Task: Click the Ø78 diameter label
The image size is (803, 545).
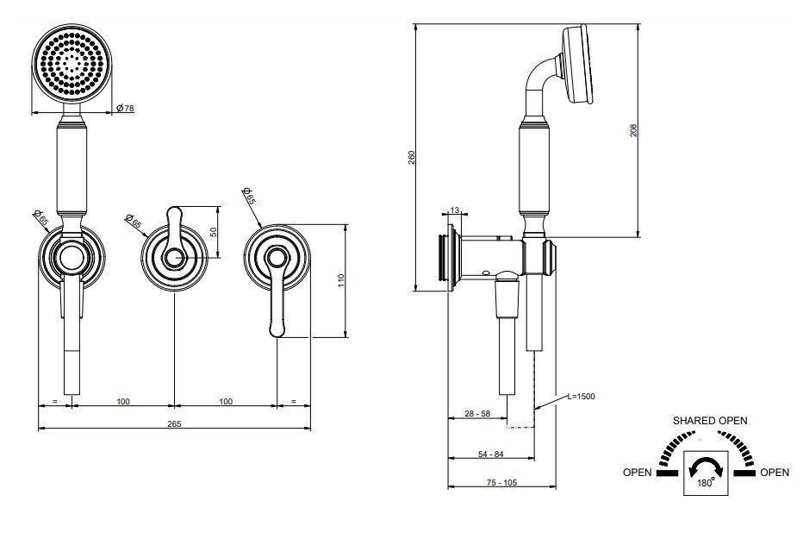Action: pyautogui.click(x=125, y=108)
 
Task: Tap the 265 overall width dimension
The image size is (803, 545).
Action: pyautogui.click(x=174, y=423)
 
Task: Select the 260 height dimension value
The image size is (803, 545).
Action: pyautogui.click(x=411, y=158)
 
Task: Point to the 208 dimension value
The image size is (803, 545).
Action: pyautogui.click(x=633, y=130)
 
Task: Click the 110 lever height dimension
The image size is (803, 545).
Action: pyautogui.click(x=341, y=280)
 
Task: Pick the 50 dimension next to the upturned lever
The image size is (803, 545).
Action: pyautogui.click(x=214, y=232)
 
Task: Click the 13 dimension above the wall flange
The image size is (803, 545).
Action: pyautogui.click(x=454, y=210)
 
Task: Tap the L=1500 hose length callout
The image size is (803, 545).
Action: pyautogui.click(x=582, y=396)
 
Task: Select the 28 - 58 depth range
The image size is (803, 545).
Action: pyautogui.click(x=477, y=413)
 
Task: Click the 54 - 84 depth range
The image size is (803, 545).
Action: pyautogui.click(x=490, y=454)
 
